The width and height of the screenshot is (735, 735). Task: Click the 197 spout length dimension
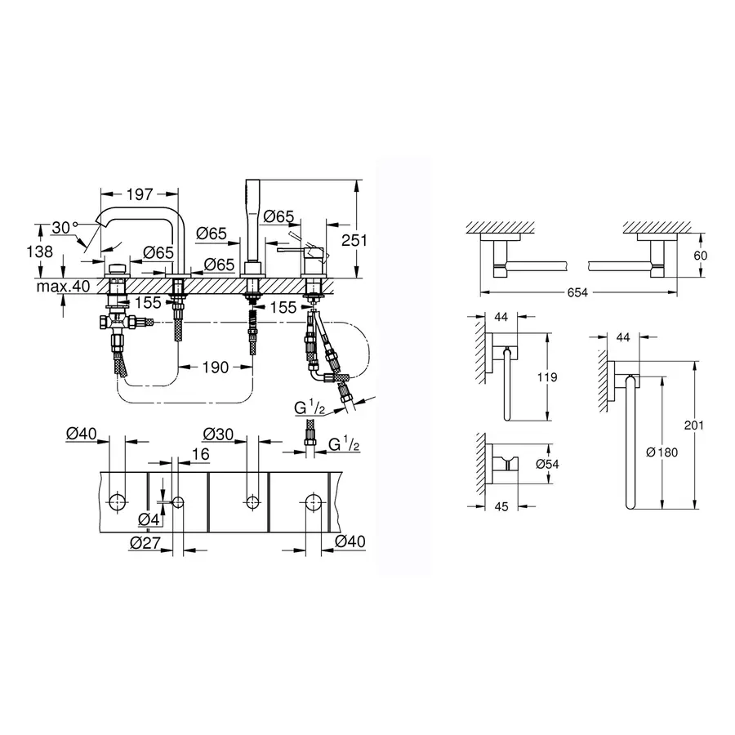tap(139, 194)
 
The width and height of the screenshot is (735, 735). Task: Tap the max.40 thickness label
tap(61, 286)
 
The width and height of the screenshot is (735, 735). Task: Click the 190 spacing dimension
tap(216, 368)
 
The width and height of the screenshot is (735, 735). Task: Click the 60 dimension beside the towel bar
tap(699, 256)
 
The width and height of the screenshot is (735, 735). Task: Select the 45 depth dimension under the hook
tap(501, 506)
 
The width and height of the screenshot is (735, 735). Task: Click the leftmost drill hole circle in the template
tap(117, 501)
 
